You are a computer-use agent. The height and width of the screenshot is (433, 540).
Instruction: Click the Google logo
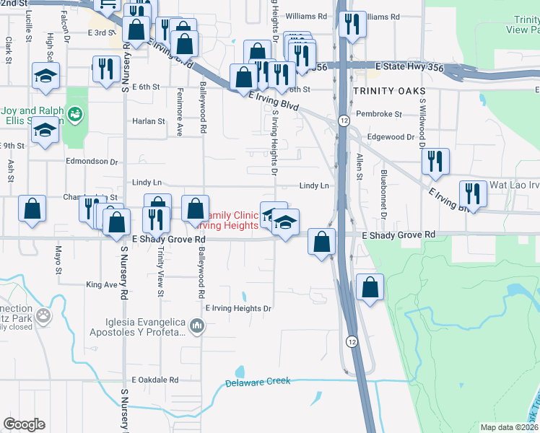pos(24,424)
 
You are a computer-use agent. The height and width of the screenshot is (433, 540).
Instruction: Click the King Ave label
pos(101,285)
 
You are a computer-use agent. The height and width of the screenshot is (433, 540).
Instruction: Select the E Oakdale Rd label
pos(154,380)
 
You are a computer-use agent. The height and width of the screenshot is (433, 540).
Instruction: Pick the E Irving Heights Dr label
pos(238,308)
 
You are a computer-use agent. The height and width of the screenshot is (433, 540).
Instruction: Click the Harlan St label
pos(149,121)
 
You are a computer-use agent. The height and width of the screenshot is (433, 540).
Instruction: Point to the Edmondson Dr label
pos(91,162)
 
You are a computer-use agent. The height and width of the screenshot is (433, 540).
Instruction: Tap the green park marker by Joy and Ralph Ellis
pos(75,113)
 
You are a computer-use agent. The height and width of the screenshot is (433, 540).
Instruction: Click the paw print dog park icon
pos(44,315)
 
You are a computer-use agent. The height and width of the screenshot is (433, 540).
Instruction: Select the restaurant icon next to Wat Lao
pos(473,194)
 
